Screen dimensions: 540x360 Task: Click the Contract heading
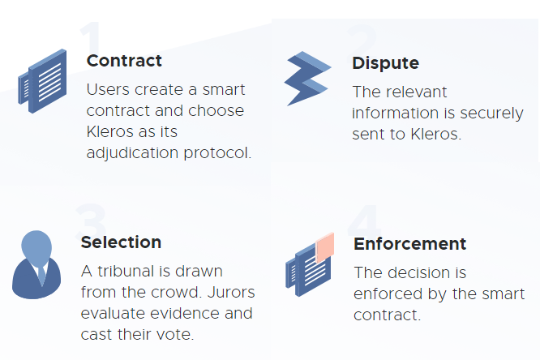click(x=124, y=61)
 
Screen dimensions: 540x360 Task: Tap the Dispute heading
click(x=385, y=63)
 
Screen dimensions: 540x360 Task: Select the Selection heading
click(x=121, y=242)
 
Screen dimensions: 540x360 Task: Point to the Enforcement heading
click(x=409, y=244)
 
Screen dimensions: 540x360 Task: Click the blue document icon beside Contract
click(x=42, y=81)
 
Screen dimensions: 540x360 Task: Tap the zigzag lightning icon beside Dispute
click(x=307, y=78)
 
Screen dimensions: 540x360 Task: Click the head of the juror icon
click(x=36, y=246)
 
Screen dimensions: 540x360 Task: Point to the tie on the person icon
click(x=41, y=275)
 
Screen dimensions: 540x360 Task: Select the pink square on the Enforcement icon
click(x=325, y=247)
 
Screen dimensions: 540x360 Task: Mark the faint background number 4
click(x=364, y=221)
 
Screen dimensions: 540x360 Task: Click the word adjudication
click(x=133, y=153)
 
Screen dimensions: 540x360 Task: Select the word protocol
click(x=217, y=153)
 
